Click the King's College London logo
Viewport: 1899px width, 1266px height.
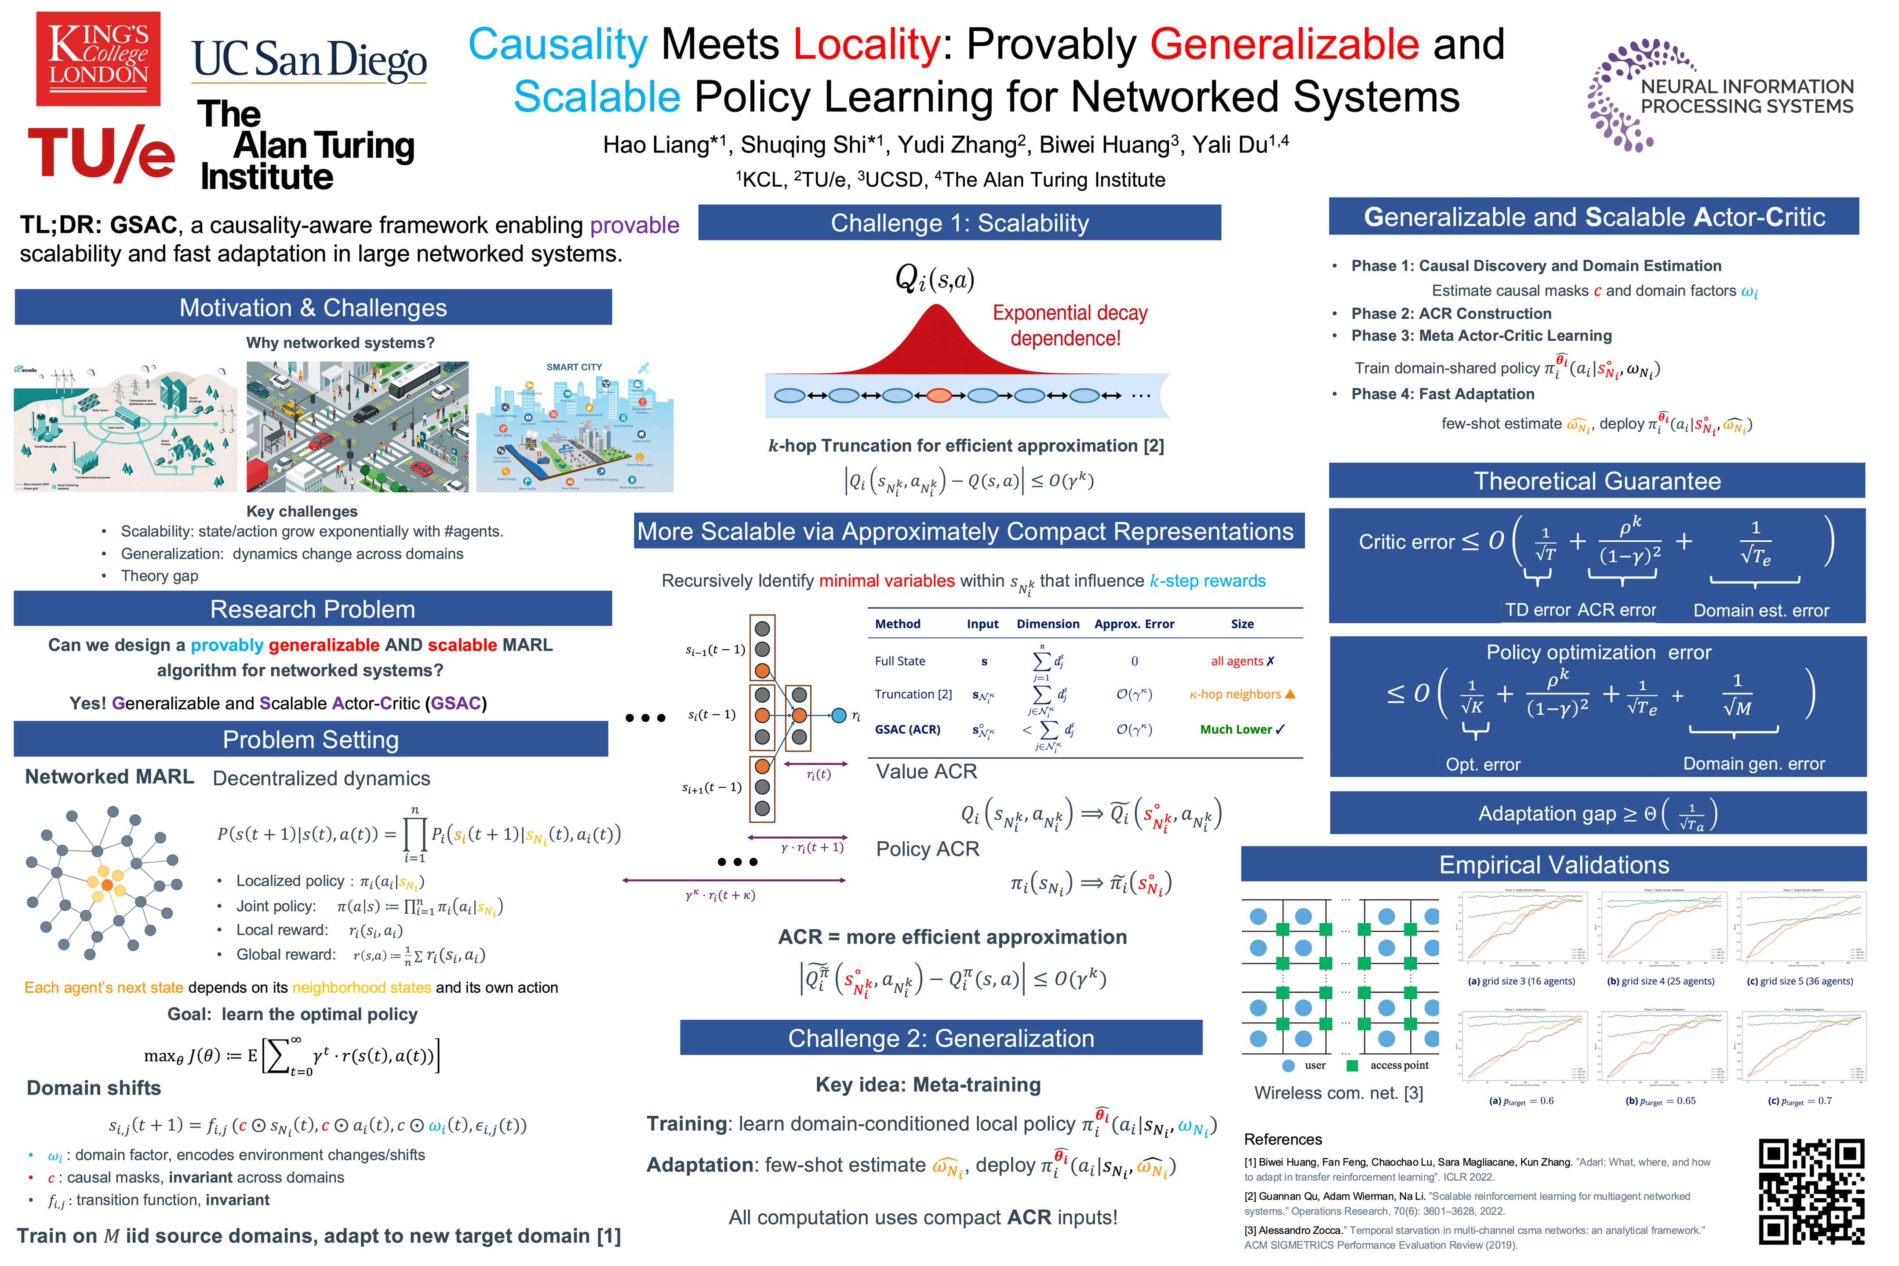pos(98,58)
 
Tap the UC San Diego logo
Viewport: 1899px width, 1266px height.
pos(309,62)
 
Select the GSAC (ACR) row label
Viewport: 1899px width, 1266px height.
pos(907,729)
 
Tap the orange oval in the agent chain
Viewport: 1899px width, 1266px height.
pos(939,396)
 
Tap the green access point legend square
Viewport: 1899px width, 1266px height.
pos(1353,1066)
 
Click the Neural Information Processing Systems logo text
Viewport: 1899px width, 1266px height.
pos(1746,96)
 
